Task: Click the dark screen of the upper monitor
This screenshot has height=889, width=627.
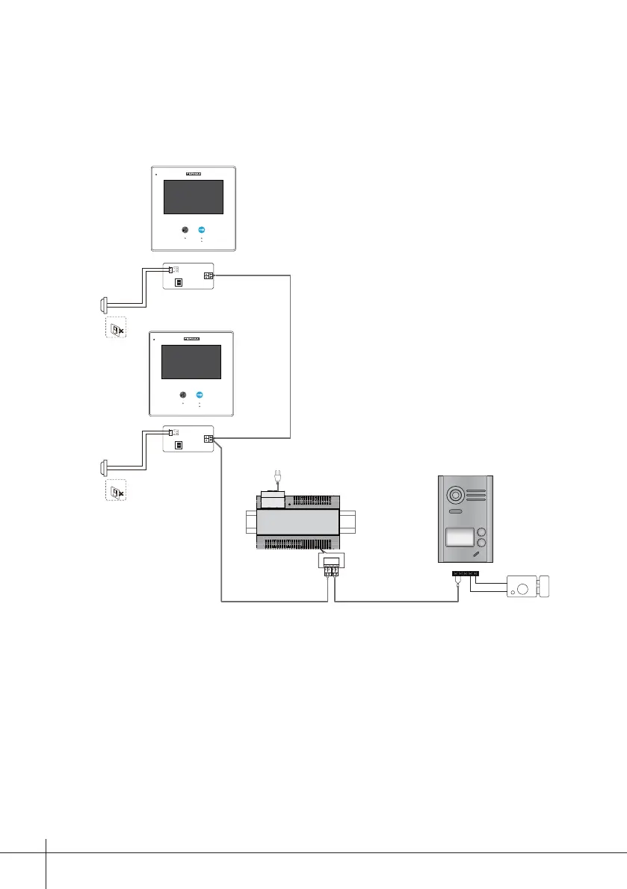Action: (193, 196)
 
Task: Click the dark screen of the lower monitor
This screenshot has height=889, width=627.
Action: (191, 362)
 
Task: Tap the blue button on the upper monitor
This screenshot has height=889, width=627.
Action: (201, 230)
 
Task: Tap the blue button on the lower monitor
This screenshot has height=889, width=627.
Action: (200, 395)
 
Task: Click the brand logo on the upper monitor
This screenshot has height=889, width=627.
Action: (193, 173)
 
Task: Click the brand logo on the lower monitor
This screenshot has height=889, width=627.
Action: (192, 339)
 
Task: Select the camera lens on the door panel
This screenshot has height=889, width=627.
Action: (454, 495)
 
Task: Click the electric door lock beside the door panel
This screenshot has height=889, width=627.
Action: (530, 586)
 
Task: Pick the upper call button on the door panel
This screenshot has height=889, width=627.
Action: (482, 534)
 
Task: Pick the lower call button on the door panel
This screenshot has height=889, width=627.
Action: (482, 546)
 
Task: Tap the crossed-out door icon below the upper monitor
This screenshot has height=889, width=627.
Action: (114, 329)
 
